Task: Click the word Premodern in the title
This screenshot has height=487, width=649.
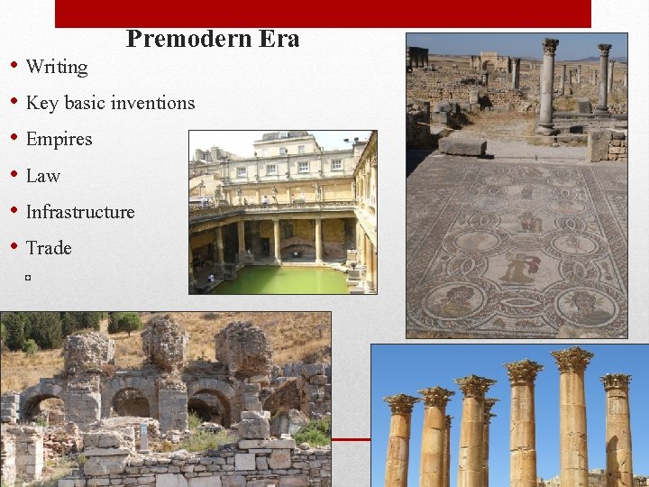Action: coord(178,40)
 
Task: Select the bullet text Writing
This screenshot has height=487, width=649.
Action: coord(57,67)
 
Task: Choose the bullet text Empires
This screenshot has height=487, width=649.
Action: coord(59,139)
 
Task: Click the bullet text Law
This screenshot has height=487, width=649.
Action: coord(43,176)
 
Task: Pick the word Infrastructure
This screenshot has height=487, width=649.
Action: coord(80,212)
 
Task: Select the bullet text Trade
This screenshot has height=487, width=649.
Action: coord(49,248)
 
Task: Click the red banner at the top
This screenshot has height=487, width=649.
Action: coord(323,13)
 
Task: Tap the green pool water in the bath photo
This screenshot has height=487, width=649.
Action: coord(279,279)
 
